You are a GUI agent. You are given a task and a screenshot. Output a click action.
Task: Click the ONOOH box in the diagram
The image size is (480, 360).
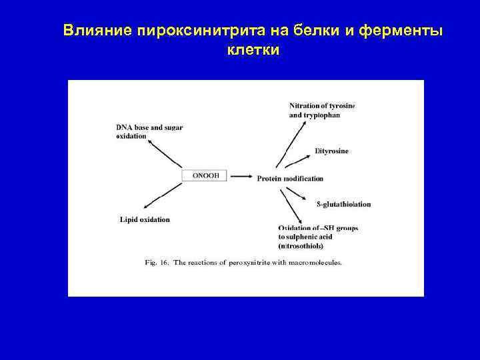(x=205, y=175)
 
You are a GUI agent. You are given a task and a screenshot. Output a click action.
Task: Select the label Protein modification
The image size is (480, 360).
(x=290, y=179)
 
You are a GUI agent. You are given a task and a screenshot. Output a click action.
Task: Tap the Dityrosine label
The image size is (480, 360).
(x=331, y=151)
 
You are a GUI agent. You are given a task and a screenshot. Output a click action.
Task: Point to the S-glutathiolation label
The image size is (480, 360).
(x=343, y=204)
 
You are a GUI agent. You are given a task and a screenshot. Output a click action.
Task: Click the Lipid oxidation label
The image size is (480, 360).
(x=145, y=219)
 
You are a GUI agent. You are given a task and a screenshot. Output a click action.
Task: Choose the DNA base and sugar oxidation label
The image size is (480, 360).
(x=149, y=131)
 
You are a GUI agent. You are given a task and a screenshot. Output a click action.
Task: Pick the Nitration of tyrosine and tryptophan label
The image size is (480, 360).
(x=321, y=110)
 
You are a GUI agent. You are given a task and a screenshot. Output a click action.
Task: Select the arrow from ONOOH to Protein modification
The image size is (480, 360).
(x=241, y=177)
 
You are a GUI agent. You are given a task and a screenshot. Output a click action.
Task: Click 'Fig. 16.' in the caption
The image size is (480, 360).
(x=157, y=263)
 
